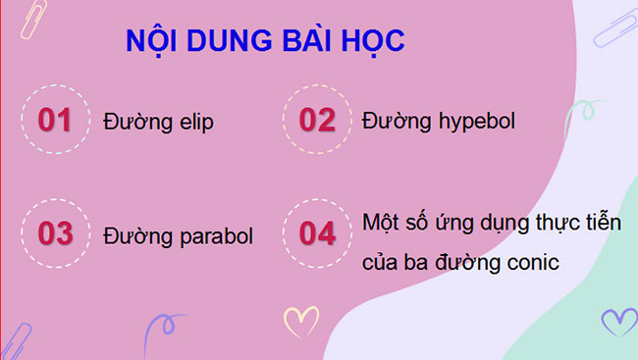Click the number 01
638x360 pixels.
[x=55, y=121]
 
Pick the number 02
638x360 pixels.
[x=317, y=121]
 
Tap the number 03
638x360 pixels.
[x=55, y=235]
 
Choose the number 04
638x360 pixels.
[x=317, y=235]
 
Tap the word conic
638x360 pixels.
[x=529, y=264]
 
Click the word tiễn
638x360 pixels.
[x=602, y=221]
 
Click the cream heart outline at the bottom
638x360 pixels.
[x=300, y=320]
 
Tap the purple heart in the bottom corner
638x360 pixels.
[x=618, y=321]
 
